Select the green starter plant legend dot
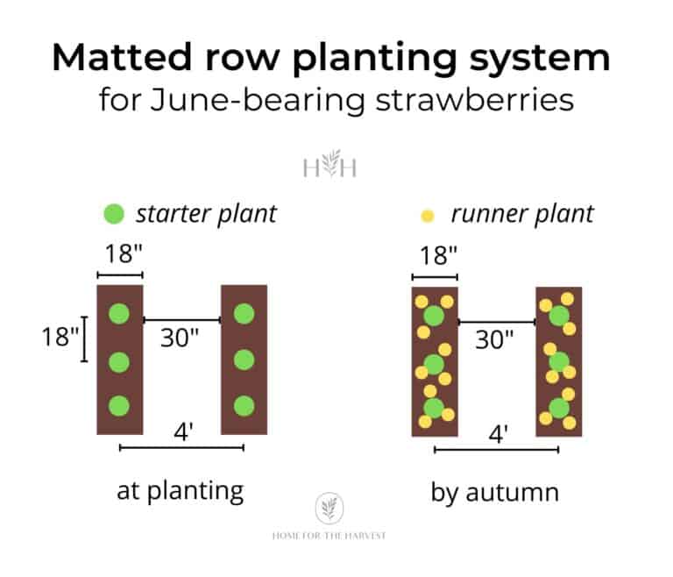(115, 213)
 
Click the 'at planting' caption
(180, 490)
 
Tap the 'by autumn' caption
(494, 491)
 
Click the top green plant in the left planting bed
(119, 313)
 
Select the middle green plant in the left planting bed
(119, 360)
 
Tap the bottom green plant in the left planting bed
(119, 406)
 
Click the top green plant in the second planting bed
(244, 313)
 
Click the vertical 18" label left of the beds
(60, 337)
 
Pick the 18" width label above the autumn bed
(436, 255)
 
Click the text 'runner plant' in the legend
(521, 213)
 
